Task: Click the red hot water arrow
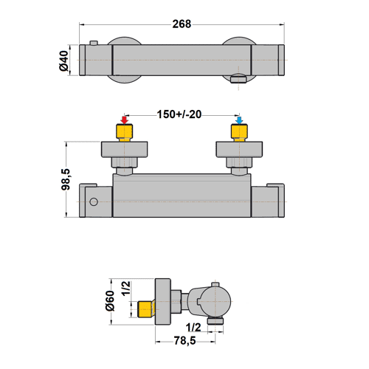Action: (125, 120)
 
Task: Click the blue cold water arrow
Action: (239, 120)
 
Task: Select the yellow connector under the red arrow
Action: (125, 133)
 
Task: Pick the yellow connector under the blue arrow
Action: (239, 133)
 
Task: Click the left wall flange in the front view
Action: (125, 151)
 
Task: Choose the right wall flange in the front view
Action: (239, 151)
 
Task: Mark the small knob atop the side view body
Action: (214, 284)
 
